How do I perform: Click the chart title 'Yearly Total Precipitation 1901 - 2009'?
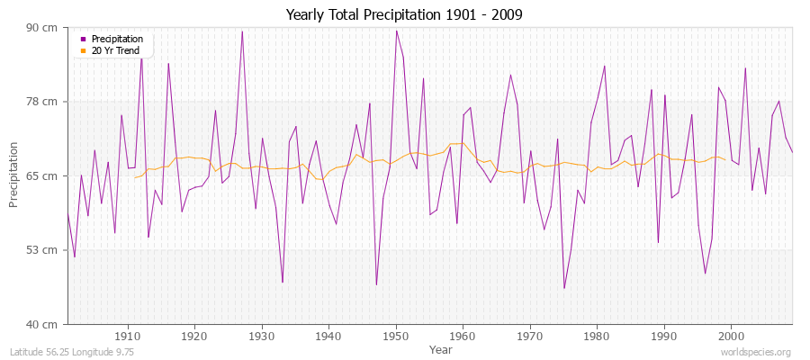click(x=404, y=14)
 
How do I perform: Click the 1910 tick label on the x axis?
click(x=128, y=336)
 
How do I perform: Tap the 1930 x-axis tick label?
click(x=262, y=336)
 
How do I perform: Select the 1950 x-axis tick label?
click(x=396, y=336)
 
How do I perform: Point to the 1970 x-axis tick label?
click(x=530, y=336)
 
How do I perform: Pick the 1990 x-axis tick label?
click(x=664, y=336)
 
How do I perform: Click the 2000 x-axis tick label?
click(x=731, y=336)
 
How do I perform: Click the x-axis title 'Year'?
click(x=441, y=349)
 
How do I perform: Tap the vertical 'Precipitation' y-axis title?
click(x=13, y=175)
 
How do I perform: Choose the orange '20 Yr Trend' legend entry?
click(x=115, y=50)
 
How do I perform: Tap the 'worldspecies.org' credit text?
click(x=758, y=353)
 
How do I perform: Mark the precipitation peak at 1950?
click(x=396, y=31)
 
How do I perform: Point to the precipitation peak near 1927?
click(x=242, y=31)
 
